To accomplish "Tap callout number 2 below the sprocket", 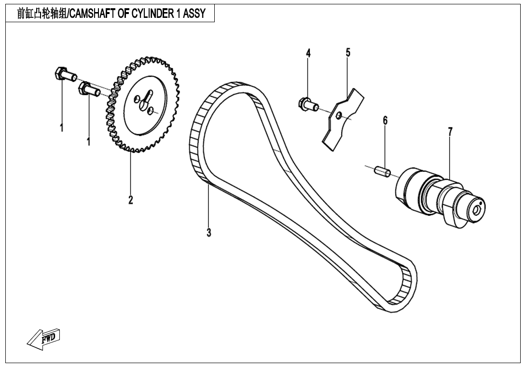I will (130, 199).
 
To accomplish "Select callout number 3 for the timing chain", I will (209, 232).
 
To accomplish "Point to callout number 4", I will (308, 53).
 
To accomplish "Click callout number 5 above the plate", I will (347, 53).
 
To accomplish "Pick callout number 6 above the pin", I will (385, 121).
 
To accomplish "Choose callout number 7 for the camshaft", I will (450, 131).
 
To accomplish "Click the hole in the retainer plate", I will (339, 115).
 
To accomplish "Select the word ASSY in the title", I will (195, 14).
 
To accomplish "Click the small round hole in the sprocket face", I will (152, 111).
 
